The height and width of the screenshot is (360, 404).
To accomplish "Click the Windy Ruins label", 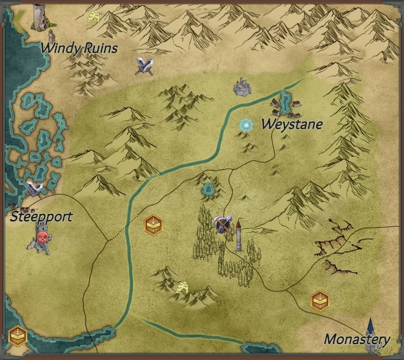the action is click(79, 48).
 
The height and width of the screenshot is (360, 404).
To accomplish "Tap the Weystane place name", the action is click(292, 124).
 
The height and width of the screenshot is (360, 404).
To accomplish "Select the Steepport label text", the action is click(41, 216).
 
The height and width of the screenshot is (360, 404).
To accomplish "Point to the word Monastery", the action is click(357, 339).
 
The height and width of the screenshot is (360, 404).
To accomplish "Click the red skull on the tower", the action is click(42, 236).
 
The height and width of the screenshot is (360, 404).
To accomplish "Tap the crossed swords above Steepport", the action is click(34, 189).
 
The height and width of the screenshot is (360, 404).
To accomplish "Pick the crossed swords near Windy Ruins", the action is click(144, 66).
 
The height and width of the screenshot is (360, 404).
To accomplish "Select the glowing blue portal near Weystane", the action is click(246, 126).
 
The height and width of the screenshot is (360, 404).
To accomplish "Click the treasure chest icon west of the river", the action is click(154, 224).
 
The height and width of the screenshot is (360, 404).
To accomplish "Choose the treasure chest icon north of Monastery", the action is click(320, 301).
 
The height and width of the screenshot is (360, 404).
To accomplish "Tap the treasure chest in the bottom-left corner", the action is click(17, 336).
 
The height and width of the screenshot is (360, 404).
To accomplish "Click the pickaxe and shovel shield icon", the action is click(222, 224).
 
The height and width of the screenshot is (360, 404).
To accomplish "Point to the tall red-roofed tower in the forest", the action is click(238, 235).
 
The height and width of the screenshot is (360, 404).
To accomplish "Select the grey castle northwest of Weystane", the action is click(243, 87).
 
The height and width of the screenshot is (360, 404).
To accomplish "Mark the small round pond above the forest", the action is click(208, 189).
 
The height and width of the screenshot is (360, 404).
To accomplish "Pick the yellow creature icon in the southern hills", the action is click(181, 288).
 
